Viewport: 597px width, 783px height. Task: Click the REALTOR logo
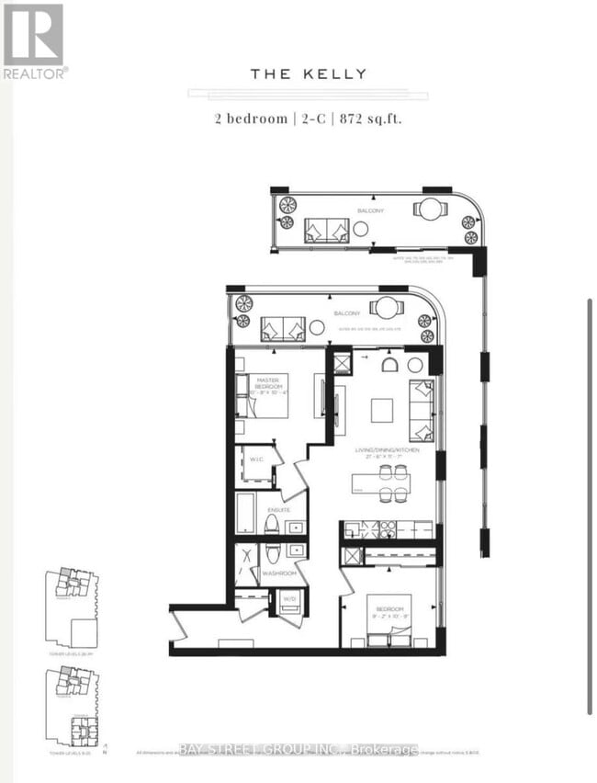tap(34, 40)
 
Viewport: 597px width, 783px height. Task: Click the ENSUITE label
tap(280, 509)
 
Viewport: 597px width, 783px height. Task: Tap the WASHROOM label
tap(278, 573)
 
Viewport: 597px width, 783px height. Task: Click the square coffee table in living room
tap(382, 409)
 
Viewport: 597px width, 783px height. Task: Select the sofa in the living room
tap(422, 410)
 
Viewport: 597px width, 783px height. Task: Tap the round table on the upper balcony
tap(428, 209)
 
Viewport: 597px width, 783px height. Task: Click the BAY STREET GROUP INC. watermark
tap(298, 750)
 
